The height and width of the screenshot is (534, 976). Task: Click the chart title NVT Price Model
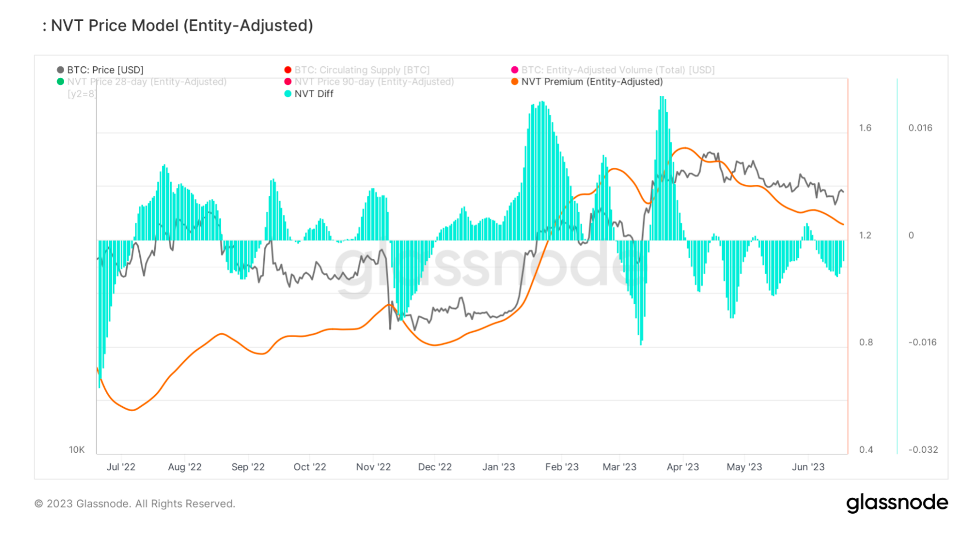[x=181, y=26]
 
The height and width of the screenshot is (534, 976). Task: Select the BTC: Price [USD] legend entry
[x=105, y=70]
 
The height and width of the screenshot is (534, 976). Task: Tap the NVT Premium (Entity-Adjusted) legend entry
[x=592, y=82]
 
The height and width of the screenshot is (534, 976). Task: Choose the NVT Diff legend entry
[x=313, y=94]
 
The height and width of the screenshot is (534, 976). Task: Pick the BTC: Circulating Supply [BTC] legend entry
[x=361, y=70]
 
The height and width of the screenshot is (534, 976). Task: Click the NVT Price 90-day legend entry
[x=373, y=82]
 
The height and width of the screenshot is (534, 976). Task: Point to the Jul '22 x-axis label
[x=121, y=467]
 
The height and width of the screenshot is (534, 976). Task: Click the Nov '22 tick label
[x=373, y=467]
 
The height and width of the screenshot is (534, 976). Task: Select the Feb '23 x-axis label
[x=562, y=467]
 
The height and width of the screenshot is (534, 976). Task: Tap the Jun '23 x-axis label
[x=808, y=467]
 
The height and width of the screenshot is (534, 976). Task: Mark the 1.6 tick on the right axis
[x=865, y=128]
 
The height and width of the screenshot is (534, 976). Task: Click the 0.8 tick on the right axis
[x=866, y=343]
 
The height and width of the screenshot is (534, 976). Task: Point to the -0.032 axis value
[x=923, y=450]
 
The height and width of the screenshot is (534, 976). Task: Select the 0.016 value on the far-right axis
[x=920, y=128]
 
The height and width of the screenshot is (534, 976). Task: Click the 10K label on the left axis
[x=77, y=450]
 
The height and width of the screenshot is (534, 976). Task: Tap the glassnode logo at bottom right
[x=897, y=503]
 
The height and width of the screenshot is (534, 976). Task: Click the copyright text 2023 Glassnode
[x=135, y=504]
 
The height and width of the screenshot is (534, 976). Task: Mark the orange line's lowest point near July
[x=132, y=410]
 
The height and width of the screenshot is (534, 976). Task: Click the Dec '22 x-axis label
[x=435, y=467]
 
